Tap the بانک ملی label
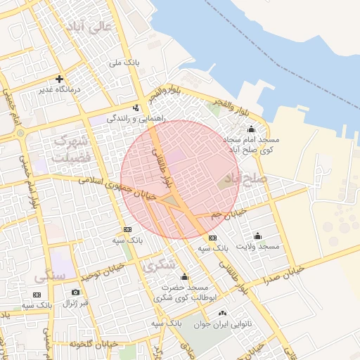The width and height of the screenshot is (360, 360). point(124,63)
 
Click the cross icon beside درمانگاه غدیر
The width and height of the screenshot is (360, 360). point(60,79)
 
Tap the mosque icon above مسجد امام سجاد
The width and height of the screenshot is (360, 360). point(252,129)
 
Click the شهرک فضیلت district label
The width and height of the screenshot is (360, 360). point(72,149)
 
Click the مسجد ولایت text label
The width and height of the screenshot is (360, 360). point(259,247)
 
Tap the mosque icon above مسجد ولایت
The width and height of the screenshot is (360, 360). point(257,236)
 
